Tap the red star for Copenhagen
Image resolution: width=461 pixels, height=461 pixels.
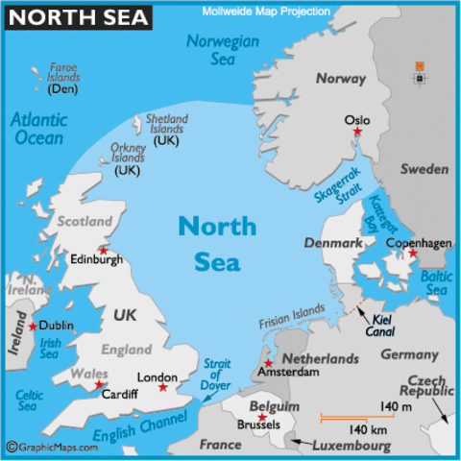click(x=412, y=255)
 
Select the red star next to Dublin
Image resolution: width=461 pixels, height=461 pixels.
click(x=34, y=327)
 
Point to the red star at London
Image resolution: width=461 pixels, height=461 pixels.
click(x=162, y=387)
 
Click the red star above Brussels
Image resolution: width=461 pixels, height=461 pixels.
click(x=261, y=416)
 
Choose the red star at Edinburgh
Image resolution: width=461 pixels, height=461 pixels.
click(x=103, y=251)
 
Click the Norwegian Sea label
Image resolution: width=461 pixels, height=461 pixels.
click(x=222, y=49)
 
